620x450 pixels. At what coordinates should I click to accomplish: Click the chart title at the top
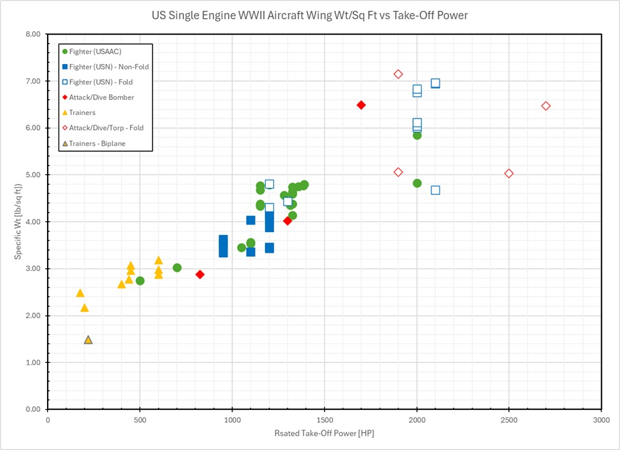[x=309, y=15]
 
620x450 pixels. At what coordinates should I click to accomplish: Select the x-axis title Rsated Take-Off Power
[x=324, y=433]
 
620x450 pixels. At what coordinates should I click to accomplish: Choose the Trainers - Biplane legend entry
[x=98, y=143]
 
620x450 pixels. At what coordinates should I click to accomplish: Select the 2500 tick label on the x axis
[x=509, y=420]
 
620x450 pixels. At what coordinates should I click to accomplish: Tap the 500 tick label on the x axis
[x=140, y=420]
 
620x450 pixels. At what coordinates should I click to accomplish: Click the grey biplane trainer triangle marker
[x=88, y=340]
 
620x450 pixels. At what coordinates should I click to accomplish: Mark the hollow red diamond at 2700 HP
[x=546, y=106]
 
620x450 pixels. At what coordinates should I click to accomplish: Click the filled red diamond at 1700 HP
[x=361, y=105]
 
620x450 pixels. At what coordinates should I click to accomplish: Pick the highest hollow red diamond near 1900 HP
[x=398, y=74]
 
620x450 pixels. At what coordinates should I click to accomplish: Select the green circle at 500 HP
[x=140, y=280]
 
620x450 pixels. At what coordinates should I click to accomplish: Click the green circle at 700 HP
[x=177, y=268]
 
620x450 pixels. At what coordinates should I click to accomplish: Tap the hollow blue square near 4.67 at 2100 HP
[x=435, y=190]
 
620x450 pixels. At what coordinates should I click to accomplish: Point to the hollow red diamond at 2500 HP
[x=509, y=174]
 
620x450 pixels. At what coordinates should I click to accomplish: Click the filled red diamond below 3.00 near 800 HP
[x=200, y=274]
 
